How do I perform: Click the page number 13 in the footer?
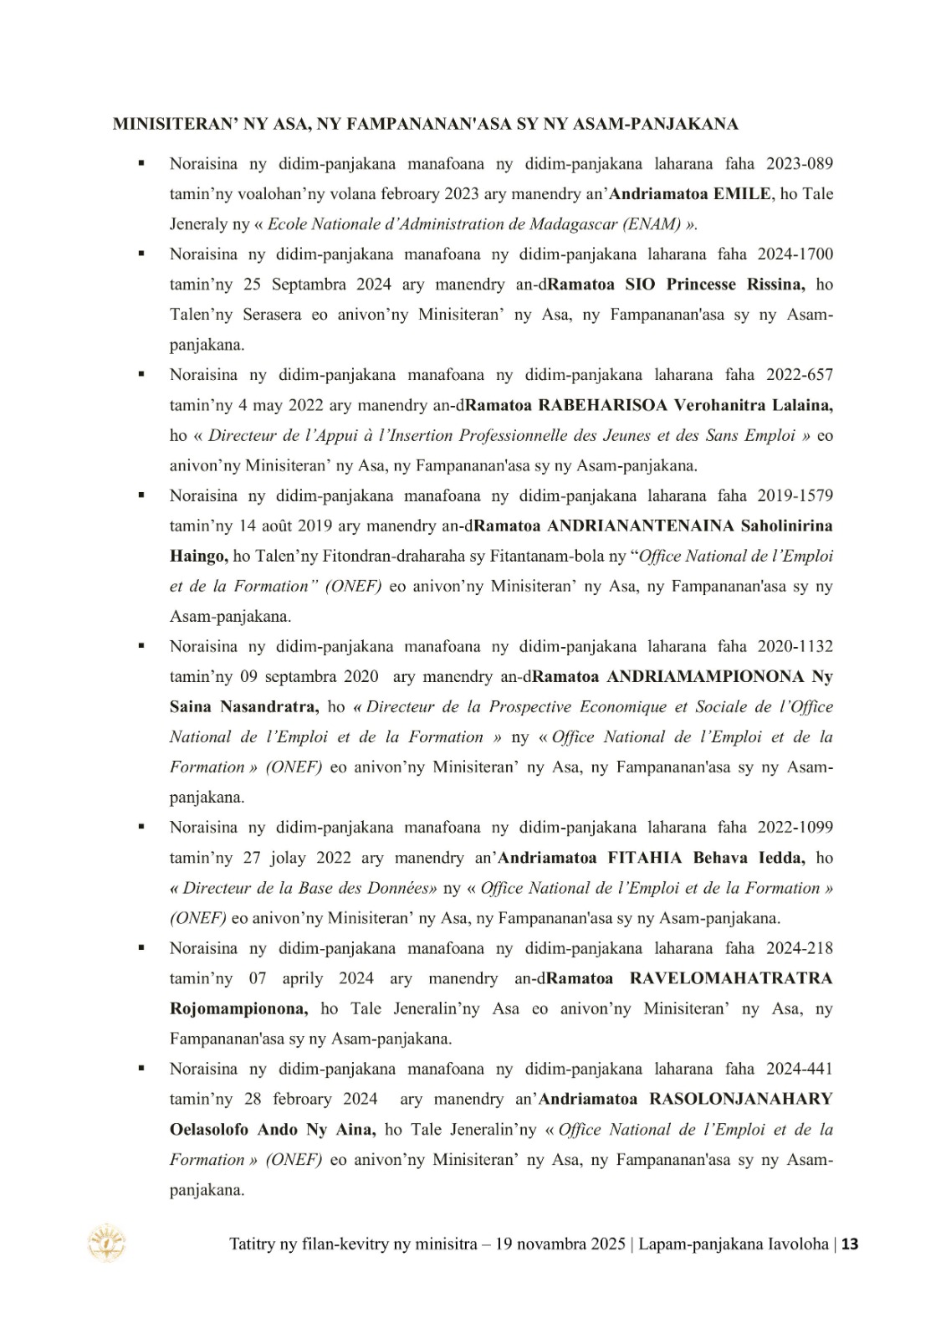click(x=850, y=1244)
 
